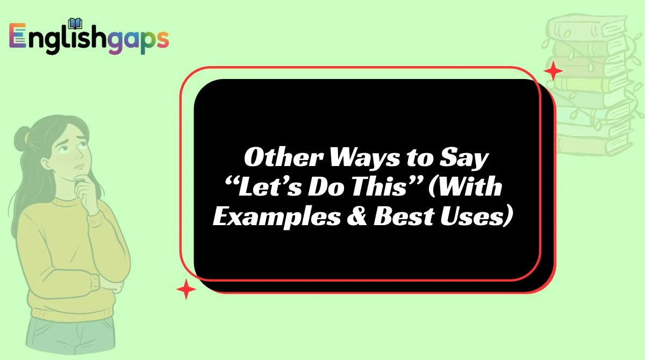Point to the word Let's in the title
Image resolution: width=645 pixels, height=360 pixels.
click(x=269, y=186)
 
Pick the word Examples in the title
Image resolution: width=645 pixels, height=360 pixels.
click(x=277, y=217)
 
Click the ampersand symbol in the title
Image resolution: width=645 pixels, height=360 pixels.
click(x=357, y=216)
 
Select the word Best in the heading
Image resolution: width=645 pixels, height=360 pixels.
click(x=404, y=216)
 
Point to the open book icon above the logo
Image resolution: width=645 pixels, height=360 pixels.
click(x=75, y=24)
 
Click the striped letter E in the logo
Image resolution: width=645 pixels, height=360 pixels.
click(x=18, y=35)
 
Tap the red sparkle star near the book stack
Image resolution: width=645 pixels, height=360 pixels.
click(x=553, y=71)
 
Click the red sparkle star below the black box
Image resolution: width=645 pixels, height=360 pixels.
click(x=187, y=289)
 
